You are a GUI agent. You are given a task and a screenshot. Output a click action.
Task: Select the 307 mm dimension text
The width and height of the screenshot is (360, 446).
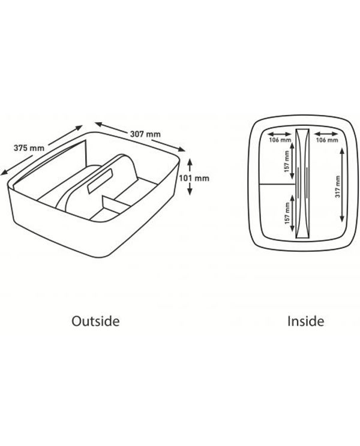point(145,134)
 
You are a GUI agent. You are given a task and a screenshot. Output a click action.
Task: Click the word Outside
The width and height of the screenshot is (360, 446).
point(95,321)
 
